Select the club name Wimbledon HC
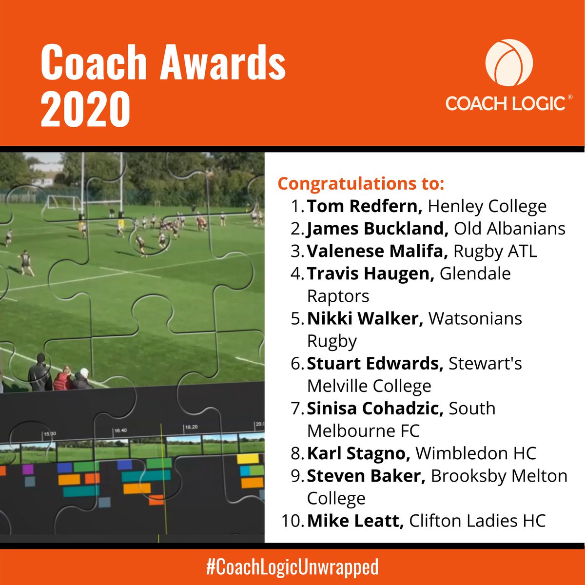coord(476,453)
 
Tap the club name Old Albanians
coord(510,229)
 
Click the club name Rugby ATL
coord(495,251)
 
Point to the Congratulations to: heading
coord(361,184)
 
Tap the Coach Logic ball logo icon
coord(508,63)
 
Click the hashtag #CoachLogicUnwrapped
coord(292,567)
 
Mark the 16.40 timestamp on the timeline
coord(120,431)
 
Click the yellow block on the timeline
coord(247,459)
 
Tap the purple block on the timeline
coord(28,469)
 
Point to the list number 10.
coord(292,521)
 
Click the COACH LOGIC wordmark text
coord(506,103)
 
